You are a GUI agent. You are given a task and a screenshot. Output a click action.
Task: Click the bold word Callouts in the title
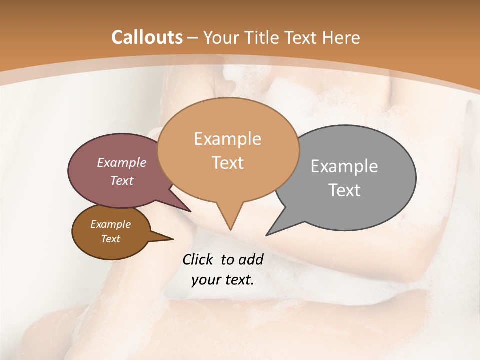click(147, 37)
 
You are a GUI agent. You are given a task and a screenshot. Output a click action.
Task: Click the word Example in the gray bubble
click(344, 166)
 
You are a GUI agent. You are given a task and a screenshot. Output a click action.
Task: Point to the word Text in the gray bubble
click(344, 190)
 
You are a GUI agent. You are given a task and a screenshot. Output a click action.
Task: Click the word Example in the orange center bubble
click(227, 139)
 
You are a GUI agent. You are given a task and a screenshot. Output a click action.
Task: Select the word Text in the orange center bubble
click(227, 163)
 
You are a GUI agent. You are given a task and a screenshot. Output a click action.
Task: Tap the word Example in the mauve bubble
click(122, 163)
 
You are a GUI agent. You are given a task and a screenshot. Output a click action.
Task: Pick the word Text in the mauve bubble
click(122, 181)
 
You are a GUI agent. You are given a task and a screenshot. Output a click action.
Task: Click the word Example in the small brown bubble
click(110, 225)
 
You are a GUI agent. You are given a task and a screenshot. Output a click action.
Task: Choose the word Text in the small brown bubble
click(110, 239)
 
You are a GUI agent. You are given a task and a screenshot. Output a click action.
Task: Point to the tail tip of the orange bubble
click(230, 228)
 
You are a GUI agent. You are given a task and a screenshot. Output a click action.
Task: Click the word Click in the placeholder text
click(199, 259)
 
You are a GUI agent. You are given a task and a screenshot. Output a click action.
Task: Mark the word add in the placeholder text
click(250, 259)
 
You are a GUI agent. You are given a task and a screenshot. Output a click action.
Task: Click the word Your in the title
click(223, 37)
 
